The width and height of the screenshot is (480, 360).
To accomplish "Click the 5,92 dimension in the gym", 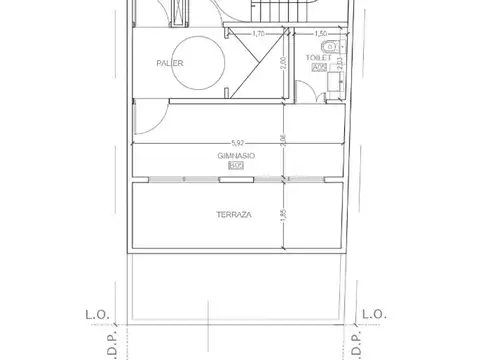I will click(x=237, y=141).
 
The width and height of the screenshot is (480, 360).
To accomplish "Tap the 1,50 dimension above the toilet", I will click(x=321, y=34).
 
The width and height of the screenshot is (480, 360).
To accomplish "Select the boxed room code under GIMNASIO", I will click(x=236, y=166).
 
